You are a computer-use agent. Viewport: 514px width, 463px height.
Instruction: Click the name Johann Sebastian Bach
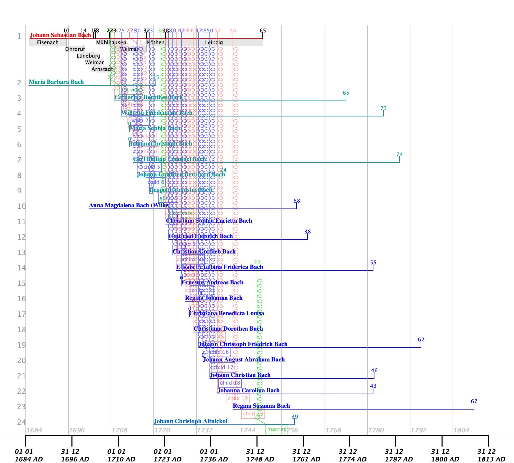click(60, 35)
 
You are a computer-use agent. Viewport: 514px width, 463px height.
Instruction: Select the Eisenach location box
click(48, 42)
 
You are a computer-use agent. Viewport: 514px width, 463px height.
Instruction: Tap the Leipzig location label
click(214, 42)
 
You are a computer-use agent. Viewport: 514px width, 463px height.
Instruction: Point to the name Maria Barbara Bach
click(56, 82)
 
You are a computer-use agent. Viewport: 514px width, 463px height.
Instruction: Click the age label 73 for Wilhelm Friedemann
click(383, 108)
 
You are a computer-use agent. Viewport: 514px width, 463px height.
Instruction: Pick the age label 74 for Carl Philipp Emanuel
click(399, 155)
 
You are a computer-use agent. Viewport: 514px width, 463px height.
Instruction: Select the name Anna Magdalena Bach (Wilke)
click(130, 205)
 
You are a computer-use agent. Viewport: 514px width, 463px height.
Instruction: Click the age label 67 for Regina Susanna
click(474, 401)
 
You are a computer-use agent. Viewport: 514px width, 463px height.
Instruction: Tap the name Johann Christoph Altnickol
click(190, 421)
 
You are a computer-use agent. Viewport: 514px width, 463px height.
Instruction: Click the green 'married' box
click(277, 429)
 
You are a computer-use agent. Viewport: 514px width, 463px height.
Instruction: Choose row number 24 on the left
click(22, 422)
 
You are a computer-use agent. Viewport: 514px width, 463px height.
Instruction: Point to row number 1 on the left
click(19, 36)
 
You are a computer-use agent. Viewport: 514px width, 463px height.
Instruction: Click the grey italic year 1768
click(333, 430)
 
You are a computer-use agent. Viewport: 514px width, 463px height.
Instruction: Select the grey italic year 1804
click(461, 430)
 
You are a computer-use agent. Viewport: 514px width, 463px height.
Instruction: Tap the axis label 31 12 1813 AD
click(491, 455)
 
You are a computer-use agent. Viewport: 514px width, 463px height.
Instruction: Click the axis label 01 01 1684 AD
click(29, 455)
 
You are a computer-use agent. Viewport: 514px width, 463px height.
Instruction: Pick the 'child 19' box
click(237, 398)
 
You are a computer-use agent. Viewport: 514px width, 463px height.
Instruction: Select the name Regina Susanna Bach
click(261, 406)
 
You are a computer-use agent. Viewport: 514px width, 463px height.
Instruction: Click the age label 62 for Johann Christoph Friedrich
click(421, 340)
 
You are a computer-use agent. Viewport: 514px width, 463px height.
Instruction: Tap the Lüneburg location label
click(88, 56)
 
